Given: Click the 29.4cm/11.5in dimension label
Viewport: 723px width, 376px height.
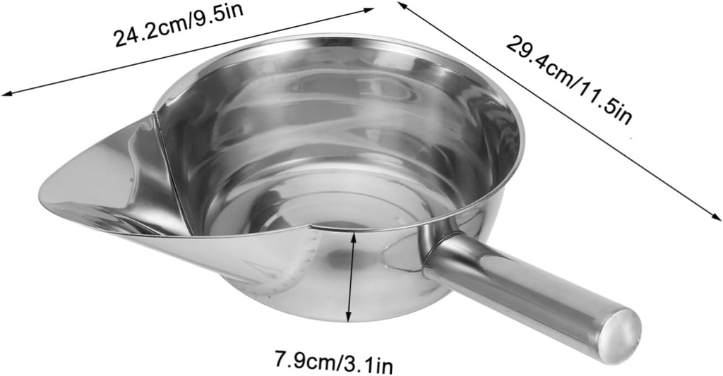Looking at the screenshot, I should tap(568, 80).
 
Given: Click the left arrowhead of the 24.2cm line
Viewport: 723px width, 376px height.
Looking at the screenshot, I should tap(6, 93).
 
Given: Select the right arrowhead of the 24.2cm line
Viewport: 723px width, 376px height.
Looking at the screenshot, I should tap(369, 9).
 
